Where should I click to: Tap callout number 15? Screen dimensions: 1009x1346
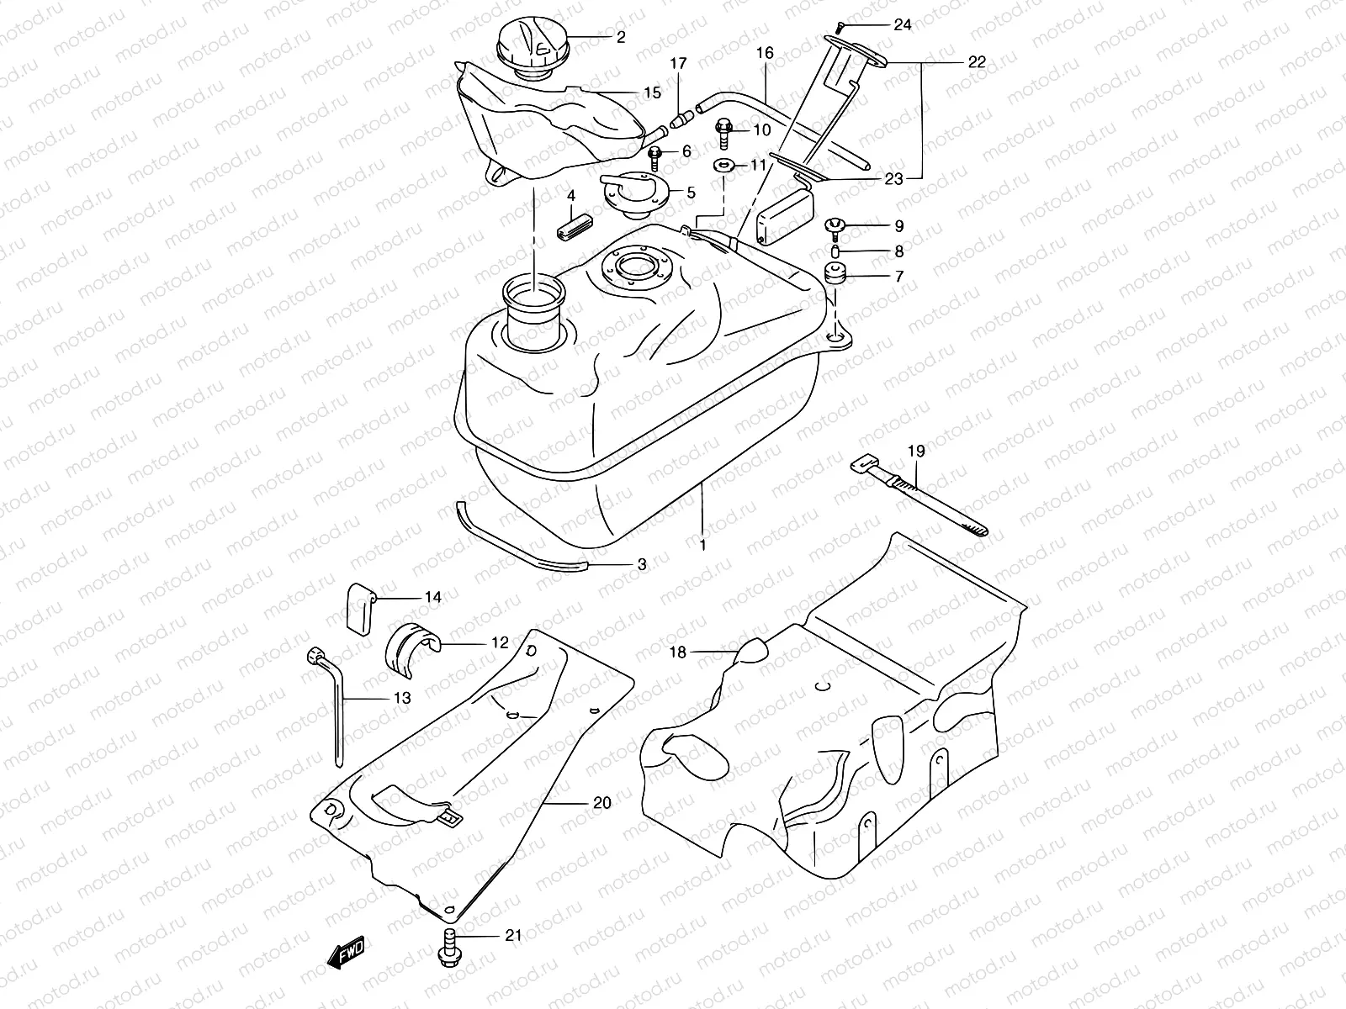653,92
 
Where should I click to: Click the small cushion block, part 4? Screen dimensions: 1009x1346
572,228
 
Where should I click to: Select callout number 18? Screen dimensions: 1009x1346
679,652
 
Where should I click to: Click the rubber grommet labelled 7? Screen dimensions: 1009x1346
835,275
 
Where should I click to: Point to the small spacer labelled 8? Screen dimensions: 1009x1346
835,251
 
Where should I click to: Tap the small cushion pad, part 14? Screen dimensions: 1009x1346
359,607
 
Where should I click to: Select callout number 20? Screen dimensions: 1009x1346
601,803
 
